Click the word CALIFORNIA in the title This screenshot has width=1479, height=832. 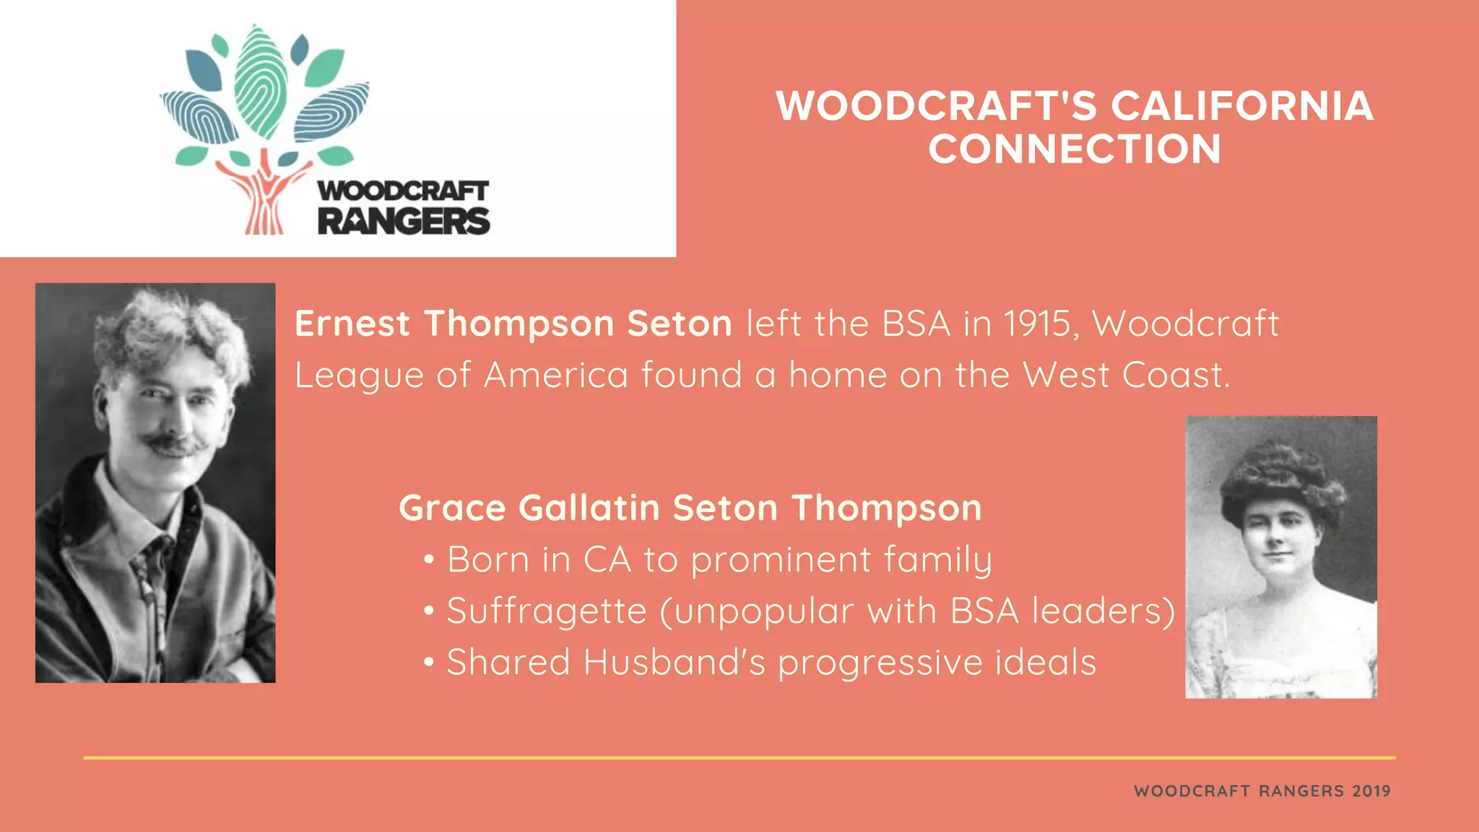point(1241,106)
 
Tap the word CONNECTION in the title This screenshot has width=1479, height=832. point(1075,149)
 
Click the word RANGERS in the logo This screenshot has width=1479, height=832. point(404,221)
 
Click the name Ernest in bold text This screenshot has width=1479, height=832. point(352,324)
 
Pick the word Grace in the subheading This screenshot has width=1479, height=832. point(452,508)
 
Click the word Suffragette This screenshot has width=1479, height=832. point(547,611)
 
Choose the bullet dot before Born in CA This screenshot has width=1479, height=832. point(429,560)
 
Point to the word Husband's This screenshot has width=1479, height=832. point(674,662)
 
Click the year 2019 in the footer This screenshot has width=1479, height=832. point(1371,791)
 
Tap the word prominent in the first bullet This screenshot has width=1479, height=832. point(781,560)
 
